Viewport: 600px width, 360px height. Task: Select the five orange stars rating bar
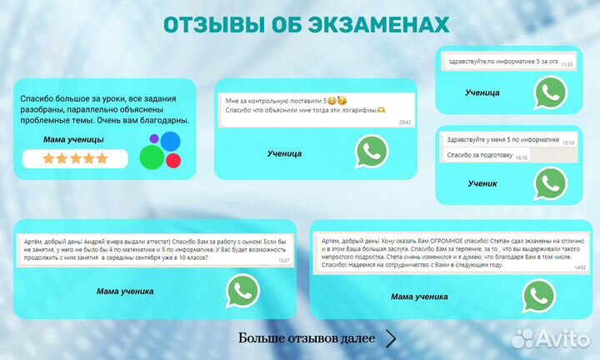[76, 158]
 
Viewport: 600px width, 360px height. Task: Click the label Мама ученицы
[74, 139]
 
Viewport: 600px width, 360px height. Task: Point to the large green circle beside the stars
[151, 155]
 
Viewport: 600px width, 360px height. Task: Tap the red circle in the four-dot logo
[172, 158]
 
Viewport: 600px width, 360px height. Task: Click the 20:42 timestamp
[405, 122]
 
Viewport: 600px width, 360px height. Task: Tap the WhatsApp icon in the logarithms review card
[372, 152]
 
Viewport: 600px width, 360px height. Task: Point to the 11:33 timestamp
[567, 64]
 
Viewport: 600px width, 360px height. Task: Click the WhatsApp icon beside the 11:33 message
[550, 92]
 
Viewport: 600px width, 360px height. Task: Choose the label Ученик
[482, 182]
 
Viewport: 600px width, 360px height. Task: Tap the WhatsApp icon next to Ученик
[550, 182]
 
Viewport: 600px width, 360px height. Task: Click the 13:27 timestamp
[284, 261]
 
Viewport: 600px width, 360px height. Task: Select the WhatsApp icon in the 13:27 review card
[242, 291]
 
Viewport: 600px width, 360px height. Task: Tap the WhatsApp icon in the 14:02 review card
[538, 296]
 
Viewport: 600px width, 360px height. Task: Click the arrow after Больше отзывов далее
[391, 338]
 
